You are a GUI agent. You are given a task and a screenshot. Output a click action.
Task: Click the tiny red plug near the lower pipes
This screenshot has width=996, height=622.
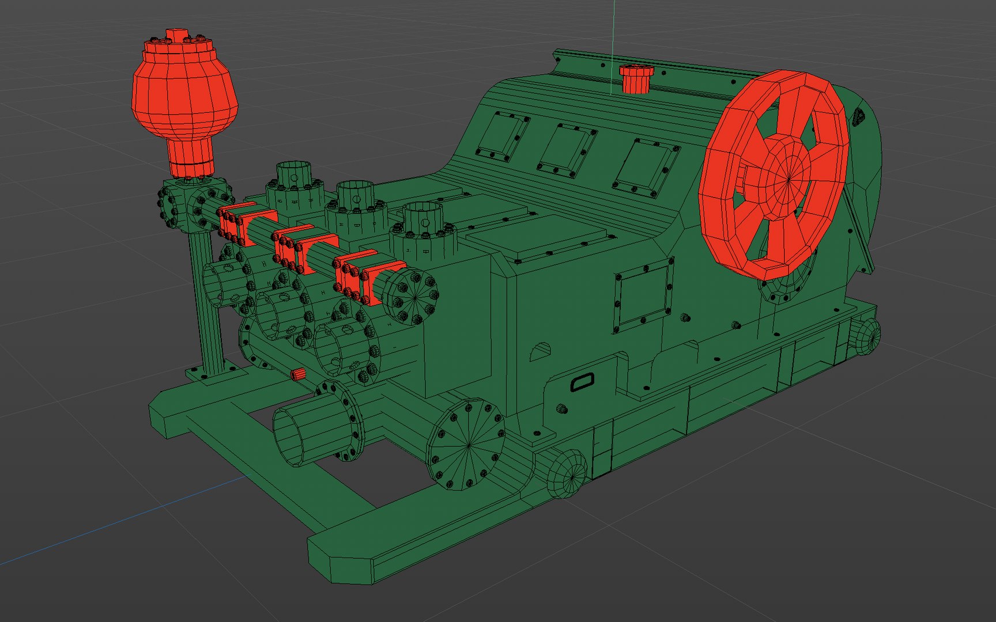click(x=298, y=375)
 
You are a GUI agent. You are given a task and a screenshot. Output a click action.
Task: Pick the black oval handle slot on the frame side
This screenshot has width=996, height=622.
click(x=582, y=382)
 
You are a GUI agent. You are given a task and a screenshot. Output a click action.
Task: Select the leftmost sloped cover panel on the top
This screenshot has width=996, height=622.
click(x=503, y=136)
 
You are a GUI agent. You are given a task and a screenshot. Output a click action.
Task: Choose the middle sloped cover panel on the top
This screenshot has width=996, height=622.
click(x=567, y=150)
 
